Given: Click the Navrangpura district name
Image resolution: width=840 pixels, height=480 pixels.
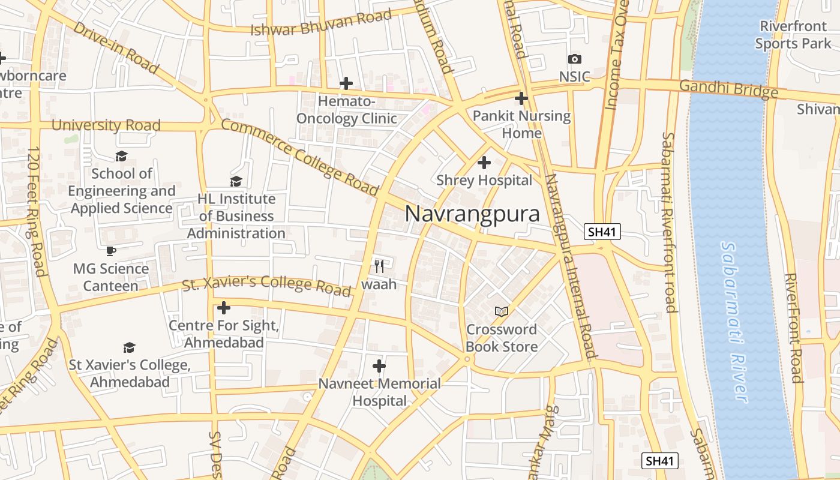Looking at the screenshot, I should point(472,214).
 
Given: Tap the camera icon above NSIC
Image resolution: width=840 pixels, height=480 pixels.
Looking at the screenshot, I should point(574,59).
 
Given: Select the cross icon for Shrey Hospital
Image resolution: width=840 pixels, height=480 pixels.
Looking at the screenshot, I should point(484,162).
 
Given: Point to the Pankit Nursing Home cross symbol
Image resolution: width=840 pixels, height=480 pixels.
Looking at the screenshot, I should point(521,98).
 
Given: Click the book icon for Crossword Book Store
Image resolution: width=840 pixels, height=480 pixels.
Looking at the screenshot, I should point(501,311).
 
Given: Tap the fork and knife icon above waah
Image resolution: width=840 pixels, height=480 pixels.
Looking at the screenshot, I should point(379,266).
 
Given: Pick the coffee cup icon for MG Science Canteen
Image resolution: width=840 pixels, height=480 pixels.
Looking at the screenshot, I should point(110,251).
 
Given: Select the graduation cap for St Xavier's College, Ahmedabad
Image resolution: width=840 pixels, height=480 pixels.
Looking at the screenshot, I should point(129,347).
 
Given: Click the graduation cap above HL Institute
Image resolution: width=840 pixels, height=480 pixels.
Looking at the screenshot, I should point(236,181).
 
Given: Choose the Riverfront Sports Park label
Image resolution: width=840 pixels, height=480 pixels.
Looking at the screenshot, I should point(793,35).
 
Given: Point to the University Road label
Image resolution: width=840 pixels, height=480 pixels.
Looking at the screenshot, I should point(106,125).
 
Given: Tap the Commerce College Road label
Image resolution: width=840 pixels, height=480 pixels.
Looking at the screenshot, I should point(300,157).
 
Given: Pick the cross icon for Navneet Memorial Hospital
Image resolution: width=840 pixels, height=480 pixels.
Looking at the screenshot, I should point(379,365).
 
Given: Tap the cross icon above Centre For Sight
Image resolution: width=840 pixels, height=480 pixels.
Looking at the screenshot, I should point(223,308).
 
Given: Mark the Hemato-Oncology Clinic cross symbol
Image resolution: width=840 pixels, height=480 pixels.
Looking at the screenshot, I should point(346,83).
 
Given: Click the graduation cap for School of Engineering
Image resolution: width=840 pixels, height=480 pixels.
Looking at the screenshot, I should point(122,156).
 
